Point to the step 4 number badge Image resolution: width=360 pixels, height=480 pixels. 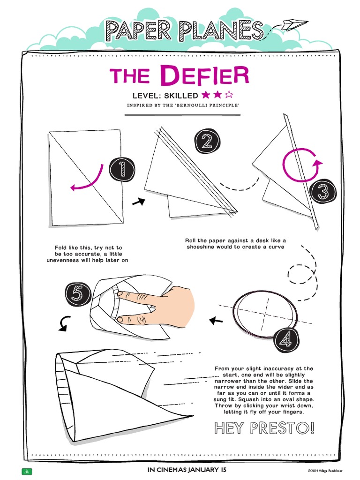pos(286,341)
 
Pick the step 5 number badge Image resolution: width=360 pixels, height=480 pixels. pos(78,294)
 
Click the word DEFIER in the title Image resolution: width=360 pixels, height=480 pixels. pos(204,77)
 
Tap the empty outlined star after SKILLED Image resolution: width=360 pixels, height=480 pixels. pos(229,95)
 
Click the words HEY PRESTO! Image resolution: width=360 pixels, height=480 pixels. pos(264,428)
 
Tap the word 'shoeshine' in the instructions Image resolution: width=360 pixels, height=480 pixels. pos(206,247)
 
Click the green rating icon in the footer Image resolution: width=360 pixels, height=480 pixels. pos(27,471)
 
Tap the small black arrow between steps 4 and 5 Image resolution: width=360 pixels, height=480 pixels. pos(216,321)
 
